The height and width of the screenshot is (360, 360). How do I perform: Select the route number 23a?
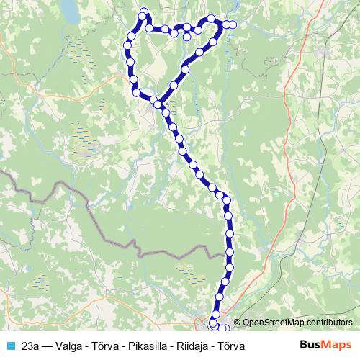click(30, 346)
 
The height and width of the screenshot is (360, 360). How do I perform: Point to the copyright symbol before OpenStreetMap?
click(238, 323)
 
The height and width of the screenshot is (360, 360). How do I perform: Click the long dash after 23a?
click(50, 346)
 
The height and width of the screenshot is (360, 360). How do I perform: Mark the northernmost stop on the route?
click(144, 12)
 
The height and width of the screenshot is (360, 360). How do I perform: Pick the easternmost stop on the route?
click(232, 24)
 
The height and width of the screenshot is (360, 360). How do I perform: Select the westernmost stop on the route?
click(127, 45)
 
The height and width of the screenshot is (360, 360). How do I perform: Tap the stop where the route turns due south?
click(227, 201)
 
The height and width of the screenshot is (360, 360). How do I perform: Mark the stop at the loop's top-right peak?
click(211, 19)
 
